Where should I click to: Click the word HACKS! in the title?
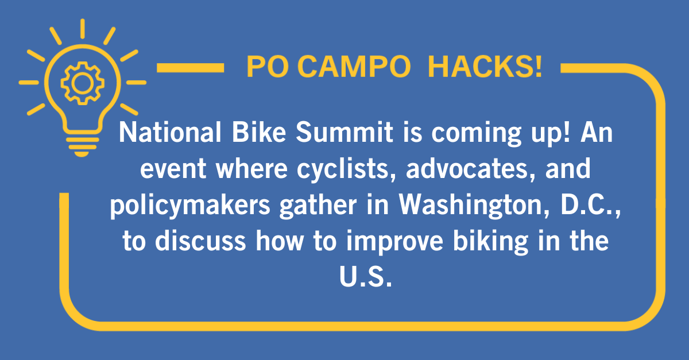tap(485, 66)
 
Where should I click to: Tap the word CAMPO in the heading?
tap(354, 67)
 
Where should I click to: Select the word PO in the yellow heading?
tap(268, 67)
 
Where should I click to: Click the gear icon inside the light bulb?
tap(83, 83)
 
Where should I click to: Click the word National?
tap(170, 132)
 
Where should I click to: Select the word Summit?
tap(344, 132)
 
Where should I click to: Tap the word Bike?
tap(259, 132)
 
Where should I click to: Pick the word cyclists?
tap(346, 169)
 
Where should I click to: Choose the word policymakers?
tap(190, 205)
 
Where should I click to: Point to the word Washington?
tap(474, 205)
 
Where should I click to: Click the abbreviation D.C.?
tap(591, 205)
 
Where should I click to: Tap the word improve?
tap(394, 242)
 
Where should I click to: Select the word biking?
tap(490, 242)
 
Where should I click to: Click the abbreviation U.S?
tap(365, 276)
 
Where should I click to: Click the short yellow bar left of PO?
tap(191, 68)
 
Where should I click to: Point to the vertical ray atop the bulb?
tap(83, 29)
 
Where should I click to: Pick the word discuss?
tap(200, 241)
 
